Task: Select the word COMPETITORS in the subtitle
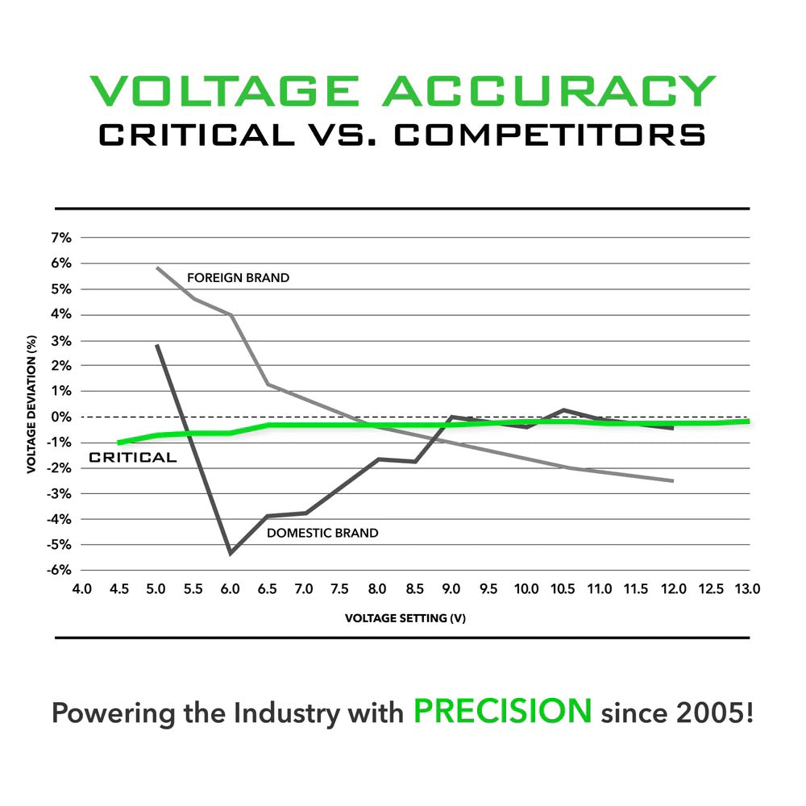550,135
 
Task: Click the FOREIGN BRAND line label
238,278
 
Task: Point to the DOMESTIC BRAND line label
322,533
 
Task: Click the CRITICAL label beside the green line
132,458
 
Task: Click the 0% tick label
62,417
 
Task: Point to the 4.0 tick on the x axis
82,590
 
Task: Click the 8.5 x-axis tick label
415,590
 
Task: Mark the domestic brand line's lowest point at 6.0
231,553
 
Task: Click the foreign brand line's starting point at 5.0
157,268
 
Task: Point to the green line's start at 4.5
119,442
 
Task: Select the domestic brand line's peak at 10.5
563,410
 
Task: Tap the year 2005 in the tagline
712,713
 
